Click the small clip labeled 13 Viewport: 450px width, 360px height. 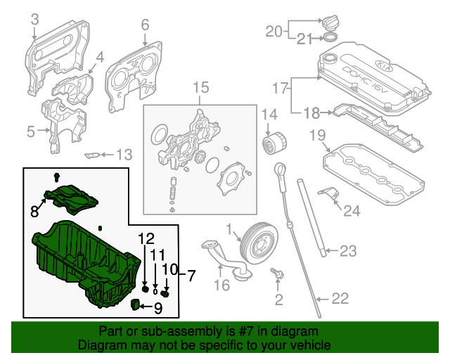coord(92,155)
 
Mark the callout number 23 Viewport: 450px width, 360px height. coord(349,251)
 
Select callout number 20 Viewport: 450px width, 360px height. coord(273,30)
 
